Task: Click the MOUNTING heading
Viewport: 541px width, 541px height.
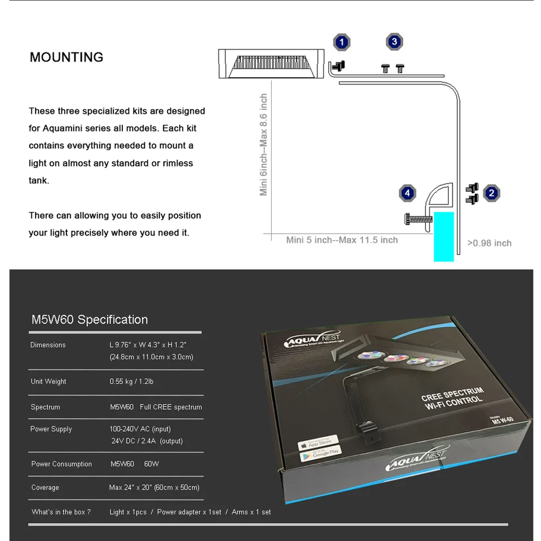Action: click(x=66, y=57)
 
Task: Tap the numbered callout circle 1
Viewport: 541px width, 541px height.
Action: click(x=342, y=42)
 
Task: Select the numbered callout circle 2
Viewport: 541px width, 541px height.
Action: click(x=491, y=193)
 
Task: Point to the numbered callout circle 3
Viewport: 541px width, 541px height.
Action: click(x=394, y=42)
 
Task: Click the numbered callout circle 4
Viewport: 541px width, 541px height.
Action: click(x=407, y=193)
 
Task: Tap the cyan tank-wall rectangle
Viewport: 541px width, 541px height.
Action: click(x=444, y=237)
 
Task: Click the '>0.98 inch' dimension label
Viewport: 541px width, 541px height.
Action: click(x=489, y=243)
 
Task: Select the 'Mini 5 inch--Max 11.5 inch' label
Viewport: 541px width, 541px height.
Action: click(x=342, y=240)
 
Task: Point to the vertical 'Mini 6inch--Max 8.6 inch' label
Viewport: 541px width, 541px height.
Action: click(x=264, y=145)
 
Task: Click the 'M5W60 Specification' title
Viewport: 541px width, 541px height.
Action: click(x=90, y=320)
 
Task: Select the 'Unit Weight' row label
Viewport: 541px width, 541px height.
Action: click(x=48, y=382)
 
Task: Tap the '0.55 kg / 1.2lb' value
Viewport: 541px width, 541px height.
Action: click(x=131, y=382)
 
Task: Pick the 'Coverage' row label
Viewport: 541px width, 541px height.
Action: click(x=45, y=487)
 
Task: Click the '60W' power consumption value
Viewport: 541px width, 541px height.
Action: click(x=152, y=464)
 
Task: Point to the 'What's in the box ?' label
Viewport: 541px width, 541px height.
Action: click(x=61, y=512)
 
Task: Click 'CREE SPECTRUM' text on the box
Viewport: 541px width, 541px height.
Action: click(x=452, y=393)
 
